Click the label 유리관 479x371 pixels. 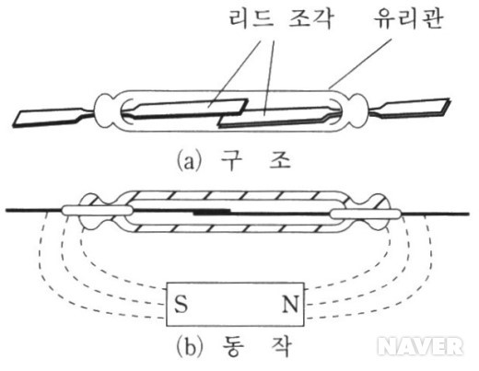408,18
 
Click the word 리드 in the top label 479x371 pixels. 251,18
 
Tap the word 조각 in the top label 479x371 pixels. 310,18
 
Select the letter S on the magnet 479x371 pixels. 181,304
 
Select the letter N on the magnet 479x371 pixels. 290,304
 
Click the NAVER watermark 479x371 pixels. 420,346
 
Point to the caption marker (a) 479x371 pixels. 190,161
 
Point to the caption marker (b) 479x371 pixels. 190,347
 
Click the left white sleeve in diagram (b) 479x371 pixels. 98,210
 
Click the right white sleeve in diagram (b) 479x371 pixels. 366,214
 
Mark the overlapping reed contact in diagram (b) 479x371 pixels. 212,212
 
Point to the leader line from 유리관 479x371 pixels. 360,64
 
